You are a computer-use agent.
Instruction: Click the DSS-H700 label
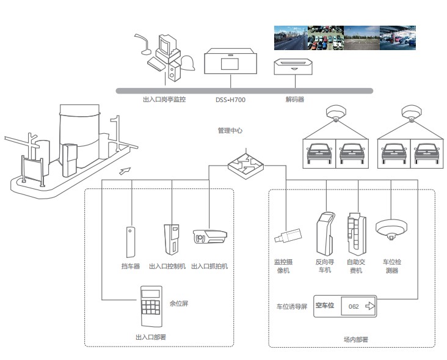(x=230, y=99)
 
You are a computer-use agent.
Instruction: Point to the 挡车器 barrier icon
(x=130, y=242)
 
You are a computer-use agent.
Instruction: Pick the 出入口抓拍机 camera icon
(x=209, y=237)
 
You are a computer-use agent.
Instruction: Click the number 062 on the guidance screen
(x=353, y=306)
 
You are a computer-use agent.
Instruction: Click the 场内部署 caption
(x=355, y=339)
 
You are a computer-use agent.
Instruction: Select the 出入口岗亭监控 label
(x=164, y=99)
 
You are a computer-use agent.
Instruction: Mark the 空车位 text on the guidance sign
(x=325, y=305)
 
